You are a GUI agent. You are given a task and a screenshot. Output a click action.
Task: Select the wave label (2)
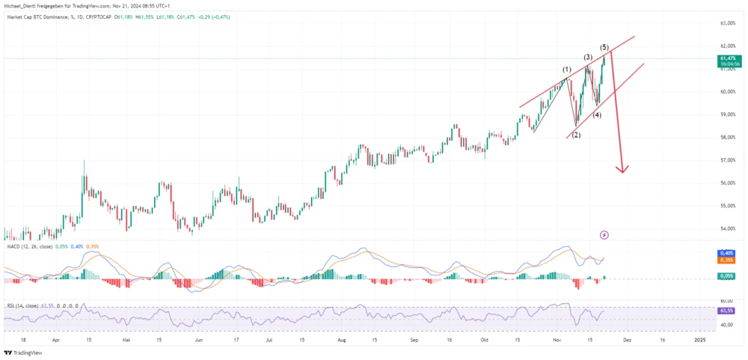tap(575, 135)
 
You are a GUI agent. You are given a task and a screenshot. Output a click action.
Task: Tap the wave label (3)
tap(589, 57)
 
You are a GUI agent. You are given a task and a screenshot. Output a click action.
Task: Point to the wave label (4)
tap(597, 115)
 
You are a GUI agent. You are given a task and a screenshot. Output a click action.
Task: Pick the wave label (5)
tap(604, 47)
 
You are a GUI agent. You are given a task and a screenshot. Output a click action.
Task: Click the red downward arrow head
tap(621, 169)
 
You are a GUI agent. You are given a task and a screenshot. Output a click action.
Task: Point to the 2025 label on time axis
tap(699, 340)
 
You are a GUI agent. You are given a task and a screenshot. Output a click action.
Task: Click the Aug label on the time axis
tap(342, 340)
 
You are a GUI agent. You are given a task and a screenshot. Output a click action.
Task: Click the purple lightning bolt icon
tap(604, 235)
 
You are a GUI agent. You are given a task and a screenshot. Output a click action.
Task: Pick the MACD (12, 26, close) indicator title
tap(33, 245)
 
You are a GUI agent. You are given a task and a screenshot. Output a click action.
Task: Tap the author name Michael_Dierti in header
tap(25, 5)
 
